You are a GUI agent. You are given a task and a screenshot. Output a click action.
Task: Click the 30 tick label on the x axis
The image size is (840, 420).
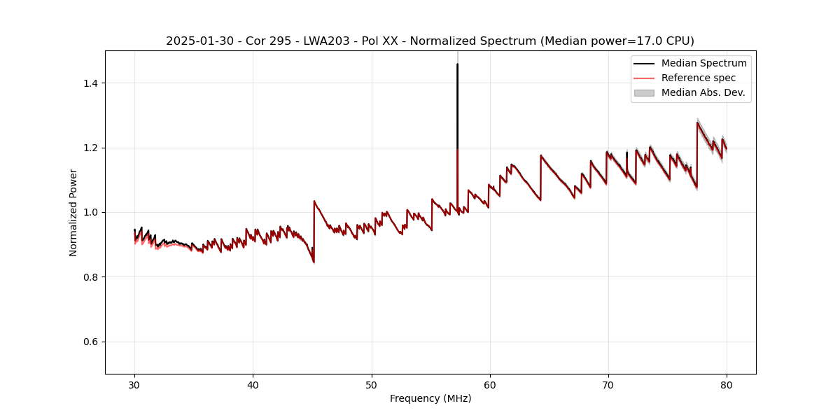(x=134, y=385)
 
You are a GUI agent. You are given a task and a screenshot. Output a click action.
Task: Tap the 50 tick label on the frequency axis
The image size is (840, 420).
(x=371, y=385)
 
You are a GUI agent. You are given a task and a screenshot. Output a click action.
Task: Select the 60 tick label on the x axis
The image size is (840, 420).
(x=489, y=385)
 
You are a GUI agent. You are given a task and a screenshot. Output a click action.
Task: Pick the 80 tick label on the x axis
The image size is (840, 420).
(x=727, y=385)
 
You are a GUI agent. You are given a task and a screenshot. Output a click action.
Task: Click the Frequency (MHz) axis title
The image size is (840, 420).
(x=430, y=398)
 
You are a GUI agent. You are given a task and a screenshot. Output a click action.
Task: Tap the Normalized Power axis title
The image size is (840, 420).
(x=73, y=212)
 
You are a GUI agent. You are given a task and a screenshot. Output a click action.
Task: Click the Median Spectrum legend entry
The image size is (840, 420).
(x=703, y=63)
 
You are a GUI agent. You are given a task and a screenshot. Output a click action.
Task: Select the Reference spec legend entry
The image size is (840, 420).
(x=698, y=78)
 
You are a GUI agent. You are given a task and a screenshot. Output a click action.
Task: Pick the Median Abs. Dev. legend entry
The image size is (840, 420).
(x=703, y=92)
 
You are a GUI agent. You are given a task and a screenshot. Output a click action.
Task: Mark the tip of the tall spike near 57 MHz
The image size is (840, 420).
(x=457, y=64)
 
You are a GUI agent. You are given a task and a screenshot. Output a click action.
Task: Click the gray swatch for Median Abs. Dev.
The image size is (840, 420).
(x=644, y=92)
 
